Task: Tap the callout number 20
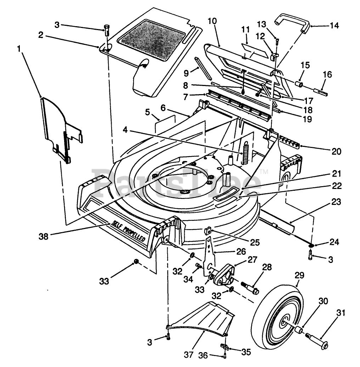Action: (337, 151)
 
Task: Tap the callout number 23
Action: (336, 202)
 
